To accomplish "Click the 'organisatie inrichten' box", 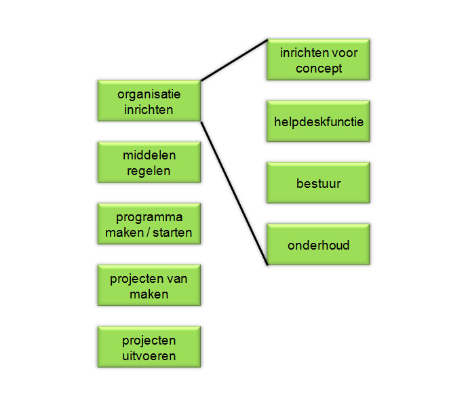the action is [149, 100].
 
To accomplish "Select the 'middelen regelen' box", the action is [149, 162].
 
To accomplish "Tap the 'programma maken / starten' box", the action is [149, 224].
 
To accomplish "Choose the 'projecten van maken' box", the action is [149, 285].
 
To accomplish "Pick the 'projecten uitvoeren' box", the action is [149, 347].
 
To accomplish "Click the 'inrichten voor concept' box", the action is [318, 60].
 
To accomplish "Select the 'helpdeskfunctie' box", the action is [318, 121].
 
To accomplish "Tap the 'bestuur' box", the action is [318, 182].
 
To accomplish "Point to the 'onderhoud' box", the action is [318, 244].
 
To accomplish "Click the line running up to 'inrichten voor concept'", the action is [234, 60].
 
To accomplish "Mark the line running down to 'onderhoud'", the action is [234, 193].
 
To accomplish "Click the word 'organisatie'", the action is [149, 95].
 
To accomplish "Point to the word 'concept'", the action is [319, 69].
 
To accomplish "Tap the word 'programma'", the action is [149, 218].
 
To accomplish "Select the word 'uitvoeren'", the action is [149, 356].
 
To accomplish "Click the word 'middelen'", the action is [149, 155].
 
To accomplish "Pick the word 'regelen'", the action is [149, 172].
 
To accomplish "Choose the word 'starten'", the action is [172, 233].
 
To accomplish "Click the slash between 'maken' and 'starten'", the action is [148, 233].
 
